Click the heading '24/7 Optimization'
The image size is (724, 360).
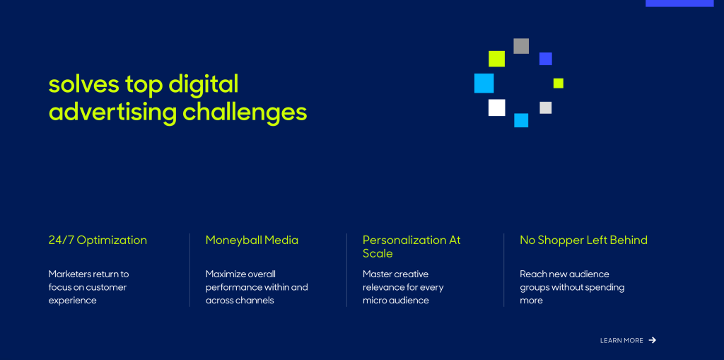(x=98, y=240)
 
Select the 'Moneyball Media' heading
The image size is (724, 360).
(x=252, y=240)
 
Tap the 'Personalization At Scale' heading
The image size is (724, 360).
(x=411, y=247)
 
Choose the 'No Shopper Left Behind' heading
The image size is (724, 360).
(x=583, y=240)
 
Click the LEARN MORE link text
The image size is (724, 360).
(x=621, y=341)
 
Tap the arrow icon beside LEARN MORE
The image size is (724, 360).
(x=653, y=340)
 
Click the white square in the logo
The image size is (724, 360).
(x=497, y=108)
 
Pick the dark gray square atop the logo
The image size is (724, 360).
(x=521, y=46)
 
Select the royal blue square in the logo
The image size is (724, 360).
(x=546, y=59)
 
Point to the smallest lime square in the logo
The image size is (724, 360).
(x=559, y=83)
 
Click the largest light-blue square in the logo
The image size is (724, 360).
(x=484, y=83)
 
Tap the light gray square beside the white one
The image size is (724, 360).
(x=546, y=108)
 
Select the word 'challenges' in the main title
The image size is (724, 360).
(x=245, y=112)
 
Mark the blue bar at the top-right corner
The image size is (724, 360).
(x=679, y=4)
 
